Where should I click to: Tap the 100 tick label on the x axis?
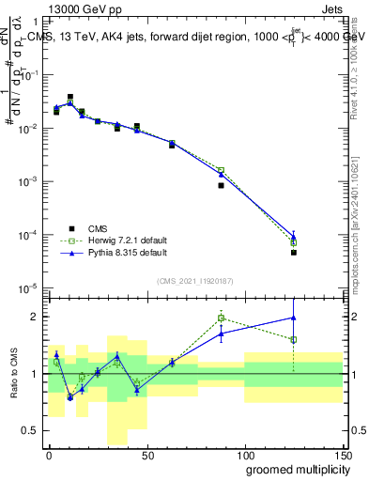pos(244,454)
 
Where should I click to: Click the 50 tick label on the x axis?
pos(146,454)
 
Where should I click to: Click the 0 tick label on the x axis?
pos(49,454)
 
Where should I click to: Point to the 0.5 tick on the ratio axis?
pos(31,431)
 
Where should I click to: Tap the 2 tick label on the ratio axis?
pos(36,317)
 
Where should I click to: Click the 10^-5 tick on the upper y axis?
pos(27,287)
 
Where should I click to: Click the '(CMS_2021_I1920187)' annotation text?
pos(194,281)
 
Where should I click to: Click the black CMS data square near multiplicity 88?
pos(221,185)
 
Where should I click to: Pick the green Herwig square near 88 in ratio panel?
pos(221,318)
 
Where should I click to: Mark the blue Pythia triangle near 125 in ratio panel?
pos(294,318)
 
